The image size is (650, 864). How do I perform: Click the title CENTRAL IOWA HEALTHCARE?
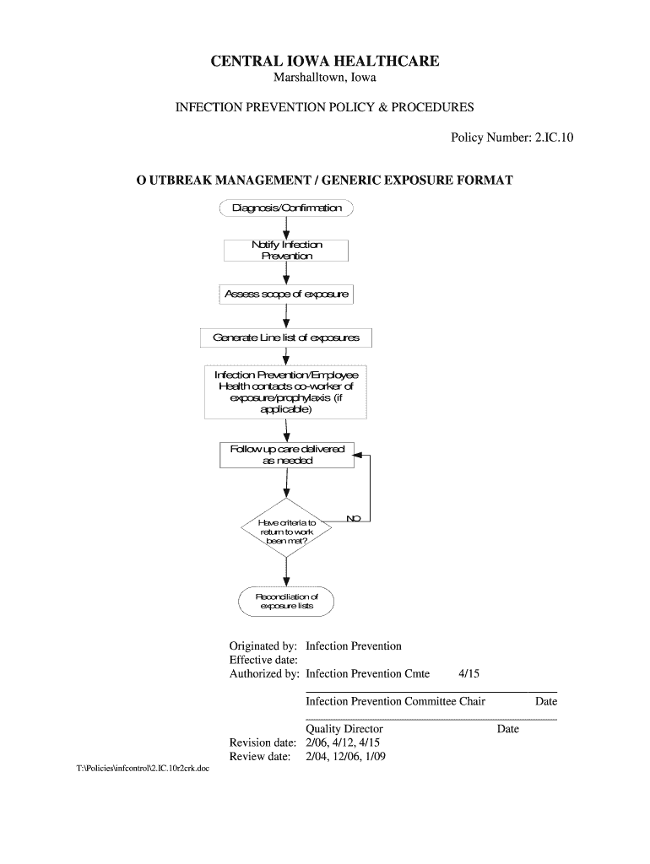pos(325,62)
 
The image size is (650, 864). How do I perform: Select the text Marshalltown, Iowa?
pos(325,79)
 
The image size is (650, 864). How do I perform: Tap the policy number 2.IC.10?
pos(553,136)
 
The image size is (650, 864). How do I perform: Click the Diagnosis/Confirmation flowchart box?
pos(286,208)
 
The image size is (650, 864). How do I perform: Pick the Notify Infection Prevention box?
pos(286,251)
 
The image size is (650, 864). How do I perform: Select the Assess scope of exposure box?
pos(286,294)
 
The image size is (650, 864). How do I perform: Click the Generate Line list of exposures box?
pos(286,338)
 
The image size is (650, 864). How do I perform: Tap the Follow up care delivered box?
pos(286,455)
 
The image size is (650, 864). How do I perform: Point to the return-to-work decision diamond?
pos(286,534)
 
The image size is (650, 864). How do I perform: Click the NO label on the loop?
pos(354,516)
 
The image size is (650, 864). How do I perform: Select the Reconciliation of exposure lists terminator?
pos(286,601)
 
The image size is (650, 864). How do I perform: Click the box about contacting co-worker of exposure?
pos(286,391)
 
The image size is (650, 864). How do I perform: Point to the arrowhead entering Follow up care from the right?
pos(358,456)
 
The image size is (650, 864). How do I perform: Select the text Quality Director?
pos(344,729)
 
